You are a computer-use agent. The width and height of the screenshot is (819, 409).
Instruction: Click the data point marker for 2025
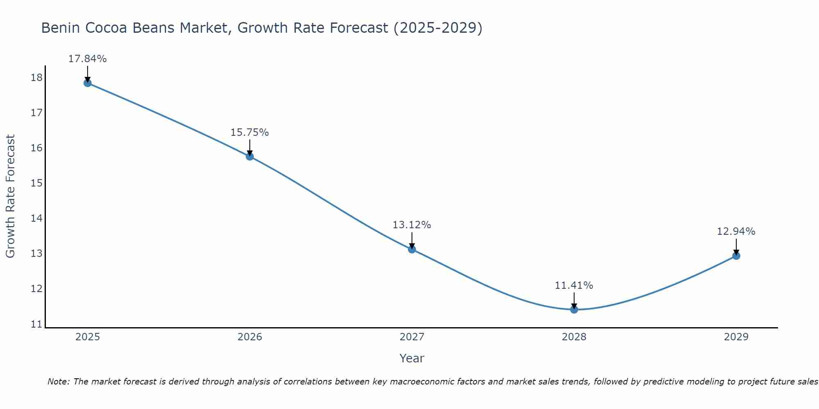[87, 83]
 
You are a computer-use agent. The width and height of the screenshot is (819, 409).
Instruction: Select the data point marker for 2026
[250, 156]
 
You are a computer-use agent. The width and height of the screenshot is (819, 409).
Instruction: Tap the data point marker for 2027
[412, 249]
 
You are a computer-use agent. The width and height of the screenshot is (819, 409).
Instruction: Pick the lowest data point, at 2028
[574, 309]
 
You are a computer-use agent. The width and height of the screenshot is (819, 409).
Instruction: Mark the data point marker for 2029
[736, 256]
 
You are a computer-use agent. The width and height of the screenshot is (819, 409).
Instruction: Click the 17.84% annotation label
[87, 59]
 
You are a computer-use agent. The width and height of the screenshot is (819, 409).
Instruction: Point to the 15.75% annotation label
[250, 133]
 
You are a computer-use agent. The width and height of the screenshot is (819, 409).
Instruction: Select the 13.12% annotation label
[412, 225]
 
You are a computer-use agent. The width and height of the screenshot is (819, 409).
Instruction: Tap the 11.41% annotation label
[574, 285]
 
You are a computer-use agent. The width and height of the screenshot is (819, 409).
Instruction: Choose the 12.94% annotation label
[736, 231]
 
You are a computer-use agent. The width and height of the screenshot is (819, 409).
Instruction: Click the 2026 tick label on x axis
[250, 337]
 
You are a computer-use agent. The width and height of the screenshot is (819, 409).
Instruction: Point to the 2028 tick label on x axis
[574, 337]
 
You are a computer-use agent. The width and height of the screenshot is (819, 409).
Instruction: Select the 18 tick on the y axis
[36, 77]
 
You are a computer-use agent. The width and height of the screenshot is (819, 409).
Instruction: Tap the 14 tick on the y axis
[36, 218]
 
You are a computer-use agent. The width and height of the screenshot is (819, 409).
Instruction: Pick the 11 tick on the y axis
[36, 324]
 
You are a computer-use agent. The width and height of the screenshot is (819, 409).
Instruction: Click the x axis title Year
[412, 358]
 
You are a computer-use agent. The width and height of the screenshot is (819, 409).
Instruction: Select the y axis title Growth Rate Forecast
[10, 196]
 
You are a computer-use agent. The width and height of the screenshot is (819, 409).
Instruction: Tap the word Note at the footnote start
[58, 382]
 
